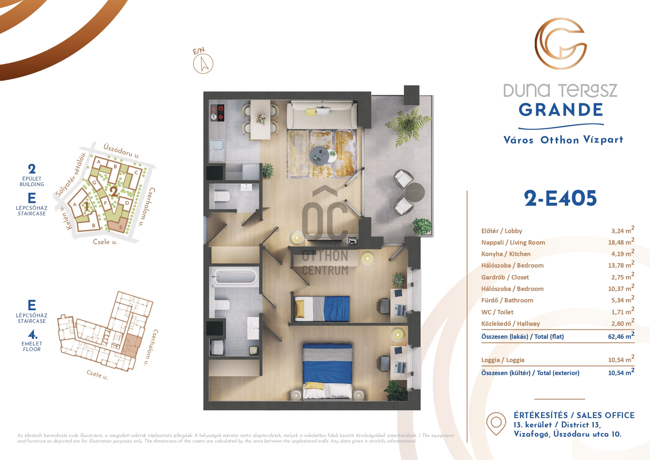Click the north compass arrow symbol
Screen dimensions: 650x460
click(x=203, y=63)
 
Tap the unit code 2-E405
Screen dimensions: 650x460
click(x=560, y=198)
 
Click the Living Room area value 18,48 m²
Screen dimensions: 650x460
click(x=621, y=242)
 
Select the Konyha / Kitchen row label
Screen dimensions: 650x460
click(x=506, y=254)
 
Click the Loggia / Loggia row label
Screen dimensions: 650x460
click(x=503, y=360)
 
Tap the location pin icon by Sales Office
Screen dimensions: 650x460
click(x=496, y=423)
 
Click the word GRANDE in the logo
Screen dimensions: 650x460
click(x=561, y=110)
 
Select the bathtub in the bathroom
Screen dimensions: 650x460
click(x=235, y=277)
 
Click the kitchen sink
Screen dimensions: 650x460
click(x=217, y=150)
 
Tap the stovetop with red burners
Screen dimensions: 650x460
click(x=218, y=113)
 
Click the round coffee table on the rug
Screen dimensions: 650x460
click(x=319, y=156)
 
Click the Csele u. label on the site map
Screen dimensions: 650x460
click(x=105, y=242)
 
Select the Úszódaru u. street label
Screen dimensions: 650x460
click(x=122, y=151)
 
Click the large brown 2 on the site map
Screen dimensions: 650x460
click(x=114, y=192)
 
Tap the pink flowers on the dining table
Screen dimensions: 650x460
click(x=261, y=119)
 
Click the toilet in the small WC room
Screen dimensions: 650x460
click(x=222, y=196)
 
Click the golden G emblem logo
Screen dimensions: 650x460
click(x=560, y=44)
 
